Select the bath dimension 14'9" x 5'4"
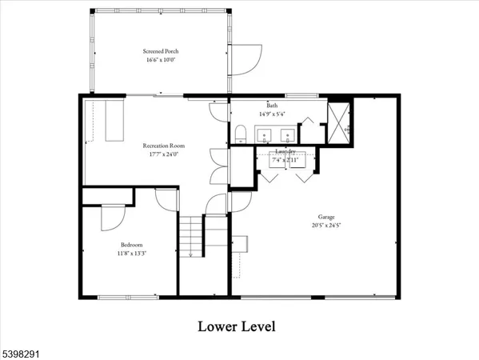pos(272,114)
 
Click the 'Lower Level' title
pos(238,326)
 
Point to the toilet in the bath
pos(241,133)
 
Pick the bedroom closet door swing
pos(113,216)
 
